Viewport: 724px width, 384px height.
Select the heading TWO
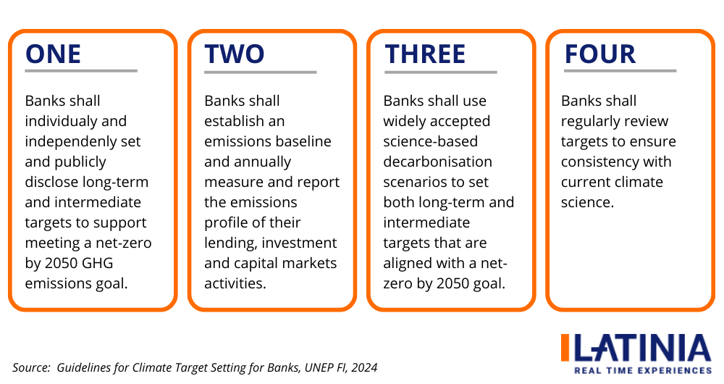click(235, 54)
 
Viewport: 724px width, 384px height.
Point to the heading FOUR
click(599, 54)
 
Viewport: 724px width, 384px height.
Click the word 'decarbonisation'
click(437, 162)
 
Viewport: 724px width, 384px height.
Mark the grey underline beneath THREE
click(440, 72)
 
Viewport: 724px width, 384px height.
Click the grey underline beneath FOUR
click(618, 71)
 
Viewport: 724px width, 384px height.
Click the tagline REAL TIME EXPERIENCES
click(642, 370)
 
